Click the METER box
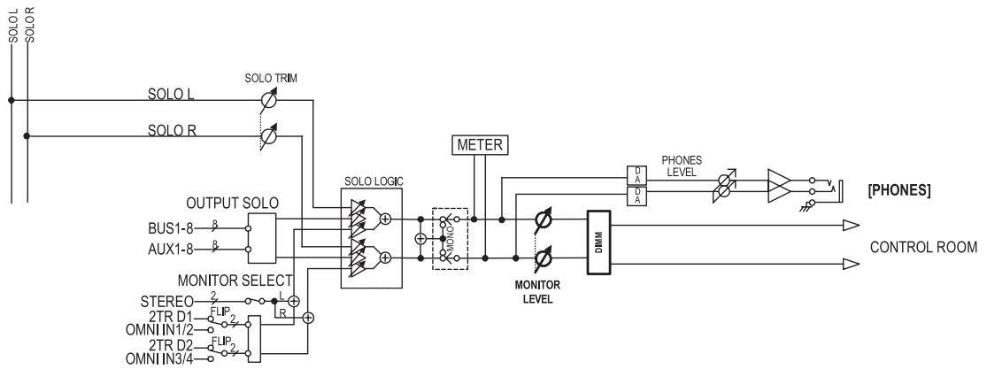pyautogui.click(x=480, y=145)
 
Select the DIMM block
pyautogui.click(x=598, y=242)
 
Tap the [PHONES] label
pyautogui.click(x=898, y=190)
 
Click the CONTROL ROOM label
pyautogui.click(x=923, y=247)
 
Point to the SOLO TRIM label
pyautogui.click(x=271, y=79)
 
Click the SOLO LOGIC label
pyautogui.click(x=374, y=181)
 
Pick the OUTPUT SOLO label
pyautogui.click(x=232, y=204)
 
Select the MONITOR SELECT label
pyautogui.click(x=235, y=280)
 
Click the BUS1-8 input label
pyautogui.click(x=171, y=227)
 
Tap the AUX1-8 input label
pyautogui.click(x=171, y=250)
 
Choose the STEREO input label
pyautogui.click(x=166, y=302)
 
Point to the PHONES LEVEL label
pyautogui.click(x=681, y=165)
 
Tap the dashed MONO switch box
pyautogui.click(x=450, y=239)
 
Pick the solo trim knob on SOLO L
pyautogui.click(x=269, y=99)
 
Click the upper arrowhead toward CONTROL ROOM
pyautogui.click(x=851, y=226)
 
